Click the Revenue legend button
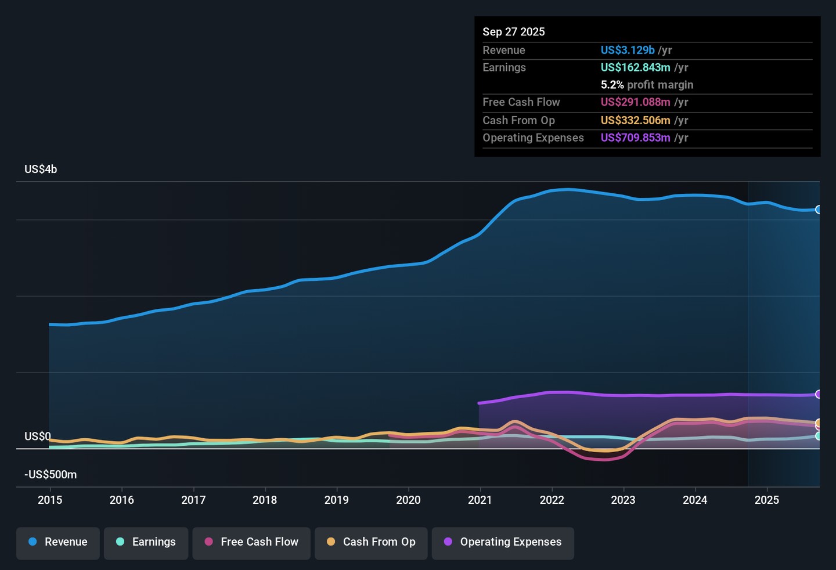[x=58, y=542]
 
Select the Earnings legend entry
[x=146, y=542]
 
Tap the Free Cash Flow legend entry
[x=251, y=542]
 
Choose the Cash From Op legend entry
[x=371, y=542]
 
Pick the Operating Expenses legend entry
[x=503, y=542]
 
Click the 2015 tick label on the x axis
[x=50, y=500]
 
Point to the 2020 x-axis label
[x=408, y=500]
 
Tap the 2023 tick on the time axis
[x=623, y=500]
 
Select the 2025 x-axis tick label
[x=766, y=500]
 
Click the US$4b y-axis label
[x=41, y=169]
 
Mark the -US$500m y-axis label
[x=51, y=475]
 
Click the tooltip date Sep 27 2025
[x=514, y=32]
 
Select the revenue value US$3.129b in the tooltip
[x=628, y=50]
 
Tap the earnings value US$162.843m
[x=635, y=68]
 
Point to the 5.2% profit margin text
[x=647, y=85]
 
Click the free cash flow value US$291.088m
[x=635, y=102]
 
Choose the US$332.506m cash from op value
[x=635, y=121]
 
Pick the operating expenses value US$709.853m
[x=635, y=138]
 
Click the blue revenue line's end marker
[x=819, y=210]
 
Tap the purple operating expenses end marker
[x=819, y=394]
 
